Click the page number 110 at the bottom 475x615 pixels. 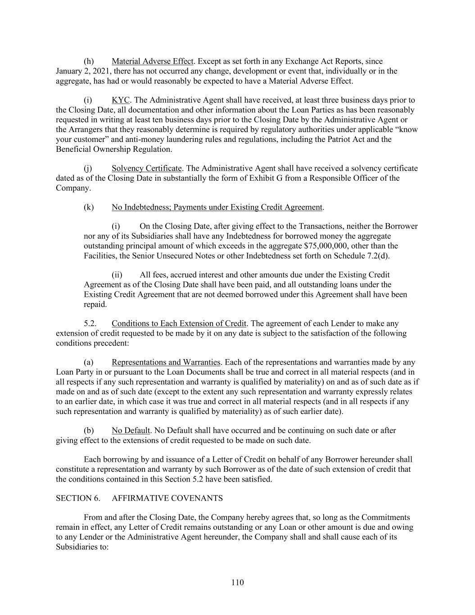pyautogui.click(x=237, y=583)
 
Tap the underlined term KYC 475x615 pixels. pyautogui.click(x=120, y=100)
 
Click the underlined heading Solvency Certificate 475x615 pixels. pyautogui.click(x=147, y=169)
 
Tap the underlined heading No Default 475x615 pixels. pyautogui.click(x=131, y=430)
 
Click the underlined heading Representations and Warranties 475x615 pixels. pyautogui.click(x=166, y=362)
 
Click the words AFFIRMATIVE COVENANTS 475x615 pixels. pyautogui.click(x=167, y=498)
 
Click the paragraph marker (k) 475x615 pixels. pyautogui.click(x=89, y=207)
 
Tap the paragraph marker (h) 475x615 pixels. pyautogui.click(x=89, y=61)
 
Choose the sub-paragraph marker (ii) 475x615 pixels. pyautogui.click(x=117, y=275)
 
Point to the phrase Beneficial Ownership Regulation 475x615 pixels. pyautogui.click(x=113, y=149)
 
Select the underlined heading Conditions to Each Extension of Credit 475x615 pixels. pyautogui.click(x=179, y=323)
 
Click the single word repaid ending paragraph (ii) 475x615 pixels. pyautogui.click(x=95, y=305)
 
